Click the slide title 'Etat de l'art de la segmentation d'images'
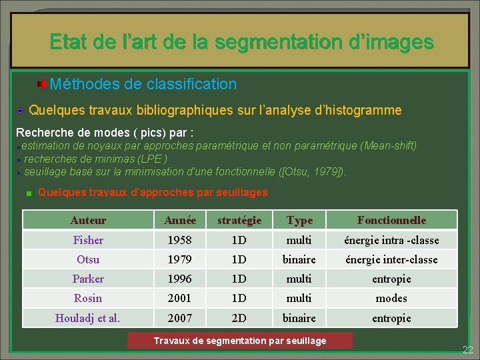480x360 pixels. pos(241,43)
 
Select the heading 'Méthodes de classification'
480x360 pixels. pos(143,84)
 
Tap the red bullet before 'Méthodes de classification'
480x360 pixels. pos(42,84)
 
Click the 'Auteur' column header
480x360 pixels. pos(88,220)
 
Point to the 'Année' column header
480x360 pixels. pos(180,220)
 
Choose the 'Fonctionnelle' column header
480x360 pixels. pos(391,220)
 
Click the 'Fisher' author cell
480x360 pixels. pos(88,240)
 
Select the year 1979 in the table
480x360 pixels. pos(180,259)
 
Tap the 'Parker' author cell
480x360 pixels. pos(88,279)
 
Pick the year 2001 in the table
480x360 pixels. pos(180,298)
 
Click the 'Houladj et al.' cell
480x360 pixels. pos(88,318)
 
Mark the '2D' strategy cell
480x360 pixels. pos(239,318)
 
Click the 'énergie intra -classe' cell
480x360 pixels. pos(391,240)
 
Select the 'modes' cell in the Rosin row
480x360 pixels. pos(391,298)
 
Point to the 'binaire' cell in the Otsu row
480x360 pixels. pos(299,259)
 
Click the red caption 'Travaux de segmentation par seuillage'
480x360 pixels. pos(240,341)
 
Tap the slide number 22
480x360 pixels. pos(468,350)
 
